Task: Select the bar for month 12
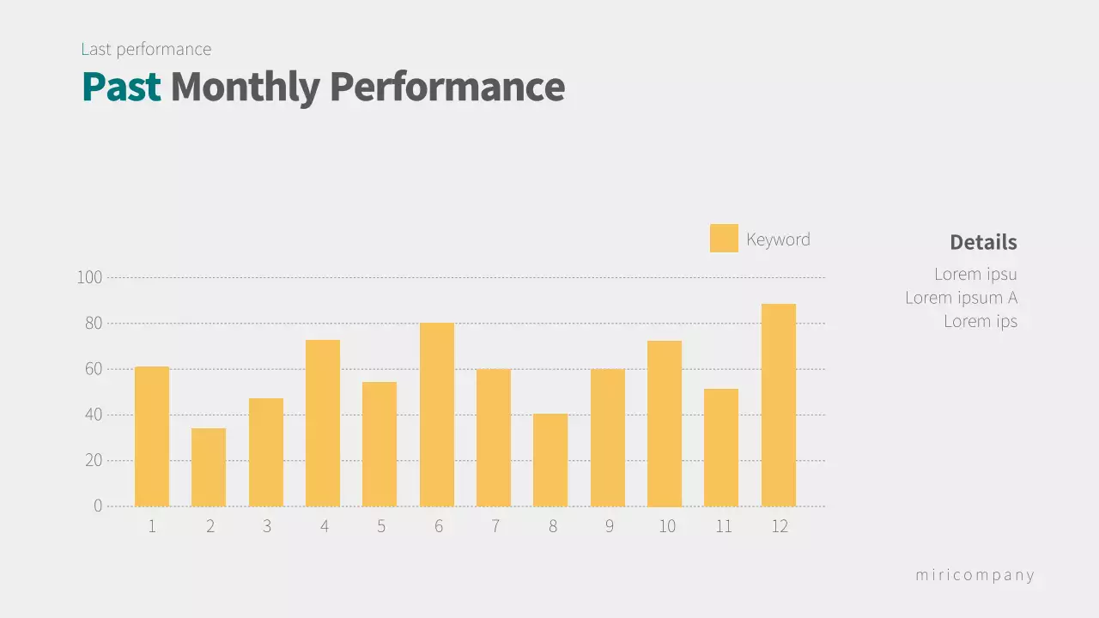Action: pyautogui.click(x=778, y=405)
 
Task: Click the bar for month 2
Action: pyautogui.click(x=209, y=467)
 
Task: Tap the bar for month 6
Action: pyautogui.click(x=437, y=415)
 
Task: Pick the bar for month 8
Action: pyautogui.click(x=550, y=460)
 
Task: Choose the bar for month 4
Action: pyautogui.click(x=323, y=423)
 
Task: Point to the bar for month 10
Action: pyautogui.click(x=665, y=423)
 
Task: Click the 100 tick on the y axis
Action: pyautogui.click(x=89, y=277)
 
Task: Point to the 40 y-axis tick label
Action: pyautogui.click(x=93, y=415)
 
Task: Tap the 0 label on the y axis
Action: pyautogui.click(x=98, y=506)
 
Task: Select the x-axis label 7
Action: pyautogui.click(x=495, y=526)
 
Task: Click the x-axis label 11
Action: pyautogui.click(x=724, y=526)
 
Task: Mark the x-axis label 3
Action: pyautogui.click(x=267, y=526)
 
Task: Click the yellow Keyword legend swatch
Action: pyautogui.click(x=724, y=239)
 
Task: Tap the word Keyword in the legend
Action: pyautogui.click(x=778, y=239)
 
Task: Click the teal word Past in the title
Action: pyautogui.click(x=122, y=87)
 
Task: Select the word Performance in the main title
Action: pyautogui.click(x=446, y=87)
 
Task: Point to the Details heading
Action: pyautogui.click(x=983, y=242)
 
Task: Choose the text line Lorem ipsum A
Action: pyautogui.click(x=961, y=298)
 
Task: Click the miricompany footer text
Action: pyautogui.click(x=975, y=575)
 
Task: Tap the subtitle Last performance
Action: pyautogui.click(x=146, y=49)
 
